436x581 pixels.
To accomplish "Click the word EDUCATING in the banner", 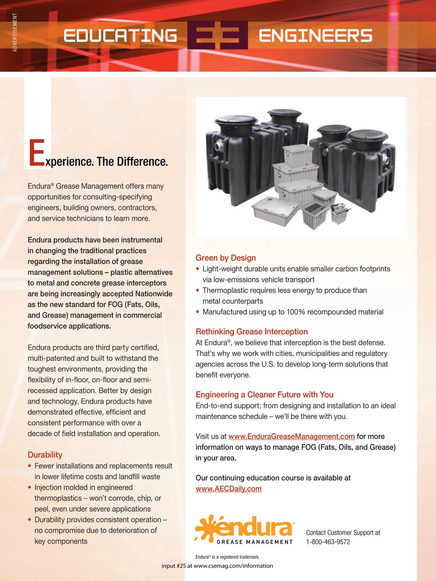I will [x=120, y=36].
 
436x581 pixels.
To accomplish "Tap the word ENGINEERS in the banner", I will [x=315, y=36].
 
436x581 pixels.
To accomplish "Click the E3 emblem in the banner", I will [x=218, y=35].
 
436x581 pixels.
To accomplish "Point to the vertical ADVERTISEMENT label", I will [x=15, y=32].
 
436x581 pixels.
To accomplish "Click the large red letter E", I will [x=36, y=153].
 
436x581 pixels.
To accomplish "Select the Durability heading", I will [x=45, y=455].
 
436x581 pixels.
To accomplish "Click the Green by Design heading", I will [x=226, y=258].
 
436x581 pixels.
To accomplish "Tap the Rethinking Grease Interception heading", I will [x=251, y=332].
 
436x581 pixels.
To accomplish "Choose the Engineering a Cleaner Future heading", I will [x=265, y=395].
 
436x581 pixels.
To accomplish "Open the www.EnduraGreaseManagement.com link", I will [x=291, y=436].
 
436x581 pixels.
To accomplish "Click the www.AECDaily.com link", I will [x=229, y=489].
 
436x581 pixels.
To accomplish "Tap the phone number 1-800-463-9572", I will [x=328, y=542].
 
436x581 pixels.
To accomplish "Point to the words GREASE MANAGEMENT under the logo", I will [x=255, y=542].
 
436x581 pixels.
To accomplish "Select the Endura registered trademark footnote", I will [x=227, y=557].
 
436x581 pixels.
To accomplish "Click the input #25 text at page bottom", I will [x=217, y=566].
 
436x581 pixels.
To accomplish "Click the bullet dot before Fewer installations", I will [x=30, y=466].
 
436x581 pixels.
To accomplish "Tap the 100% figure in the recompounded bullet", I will [x=296, y=312].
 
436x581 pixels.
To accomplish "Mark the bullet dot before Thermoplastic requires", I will [x=198, y=290].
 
